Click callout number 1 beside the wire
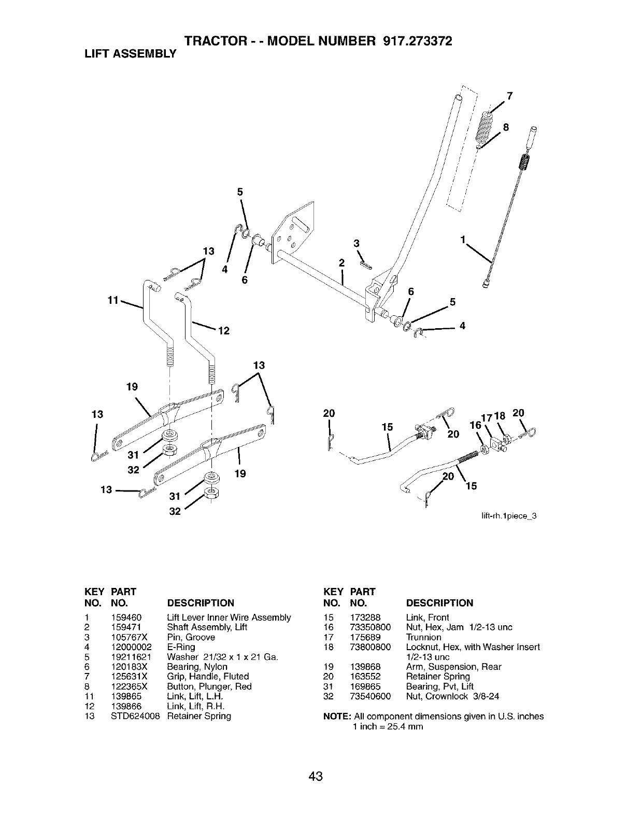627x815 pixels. (x=463, y=239)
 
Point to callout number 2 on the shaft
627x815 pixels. (x=341, y=262)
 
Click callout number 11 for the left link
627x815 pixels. (x=113, y=300)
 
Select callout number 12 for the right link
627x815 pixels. (x=224, y=330)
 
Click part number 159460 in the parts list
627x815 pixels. (x=123, y=617)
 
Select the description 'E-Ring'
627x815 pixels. (x=181, y=647)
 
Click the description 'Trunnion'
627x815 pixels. (x=423, y=637)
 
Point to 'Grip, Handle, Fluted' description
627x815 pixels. (x=208, y=677)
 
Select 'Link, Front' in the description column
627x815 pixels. (x=427, y=617)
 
